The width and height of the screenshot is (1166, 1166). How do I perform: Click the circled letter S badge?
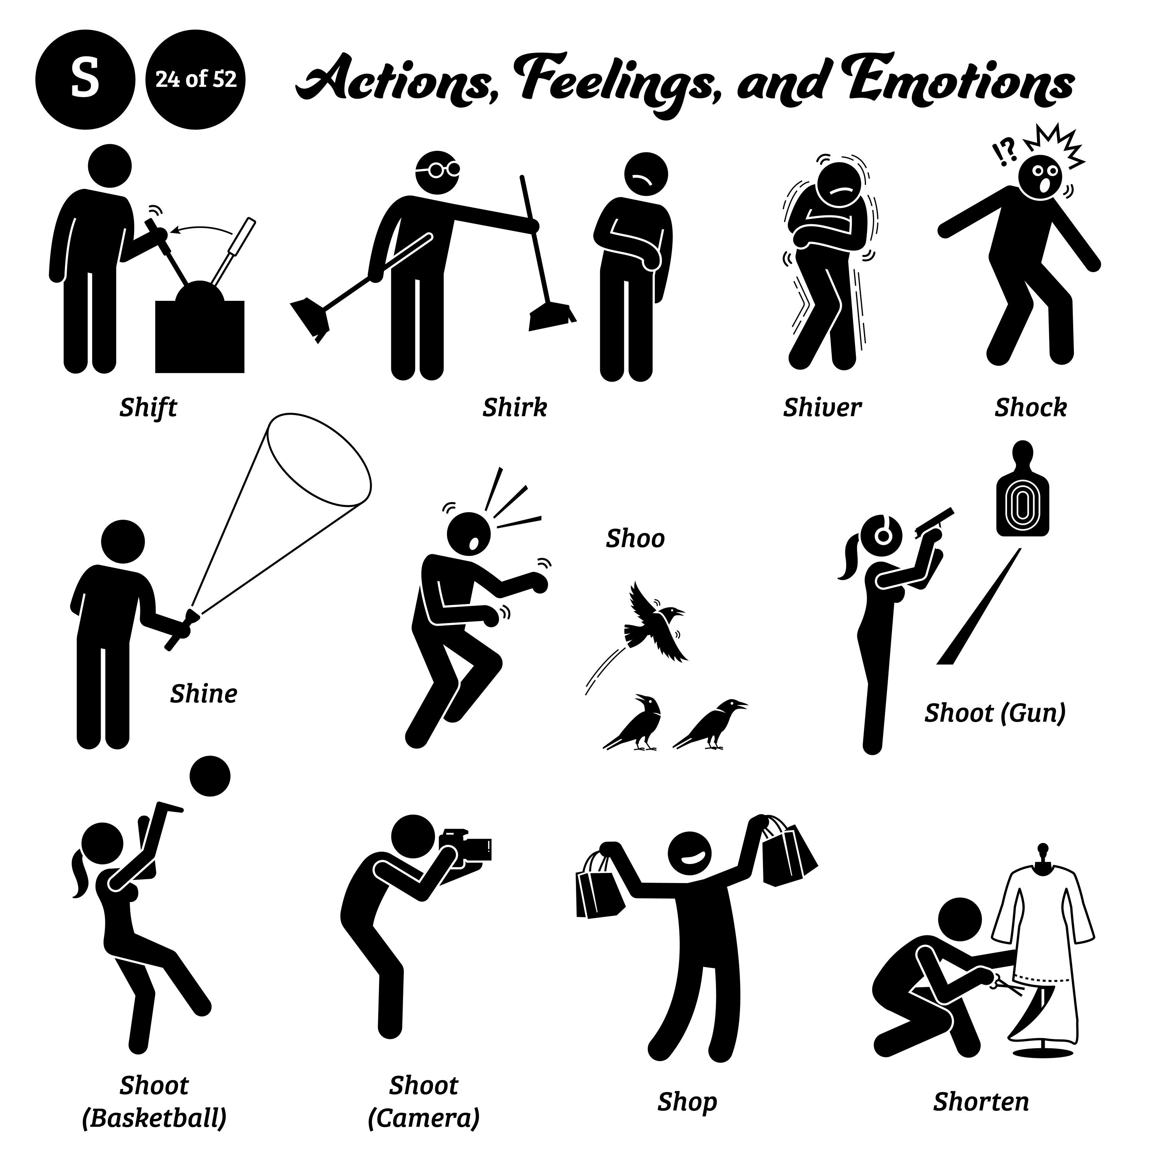tap(85, 80)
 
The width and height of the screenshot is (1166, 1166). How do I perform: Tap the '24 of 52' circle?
tap(195, 80)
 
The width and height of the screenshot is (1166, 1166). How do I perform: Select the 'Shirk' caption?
tap(514, 408)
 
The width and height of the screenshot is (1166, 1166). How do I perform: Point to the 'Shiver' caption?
tap(822, 408)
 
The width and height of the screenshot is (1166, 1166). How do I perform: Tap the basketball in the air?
tap(209, 776)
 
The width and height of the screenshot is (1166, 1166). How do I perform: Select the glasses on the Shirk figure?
tap(439, 169)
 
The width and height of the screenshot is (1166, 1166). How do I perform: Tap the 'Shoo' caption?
tap(635, 538)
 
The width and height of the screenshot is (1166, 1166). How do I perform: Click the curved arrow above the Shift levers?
tap(202, 229)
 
